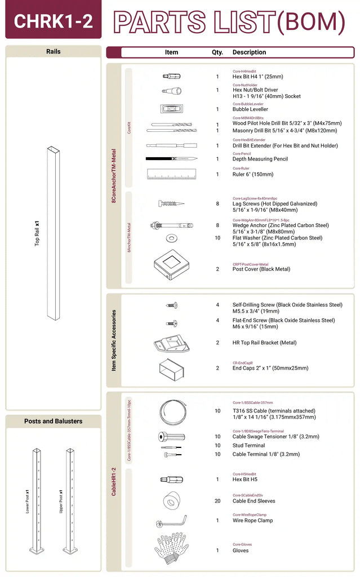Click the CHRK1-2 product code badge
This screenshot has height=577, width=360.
pos(53,20)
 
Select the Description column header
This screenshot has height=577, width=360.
pos(249,52)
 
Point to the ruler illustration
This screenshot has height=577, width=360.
pos(171,174)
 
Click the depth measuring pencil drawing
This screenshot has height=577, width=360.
pos(171,159)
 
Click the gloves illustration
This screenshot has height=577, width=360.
pos(171,547)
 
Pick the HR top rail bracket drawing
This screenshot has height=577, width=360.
pos(171,343)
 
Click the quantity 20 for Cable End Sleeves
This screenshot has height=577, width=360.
pos(217,501)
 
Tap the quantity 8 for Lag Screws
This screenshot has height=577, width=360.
pos(217,204)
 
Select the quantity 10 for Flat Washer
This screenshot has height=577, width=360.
pos(217,238)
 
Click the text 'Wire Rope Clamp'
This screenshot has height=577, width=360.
pos(252,521)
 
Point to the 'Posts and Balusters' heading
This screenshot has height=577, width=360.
pos(53,421)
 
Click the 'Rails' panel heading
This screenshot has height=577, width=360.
pos(53,51)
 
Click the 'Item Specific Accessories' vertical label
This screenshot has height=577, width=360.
pos(114,340)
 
